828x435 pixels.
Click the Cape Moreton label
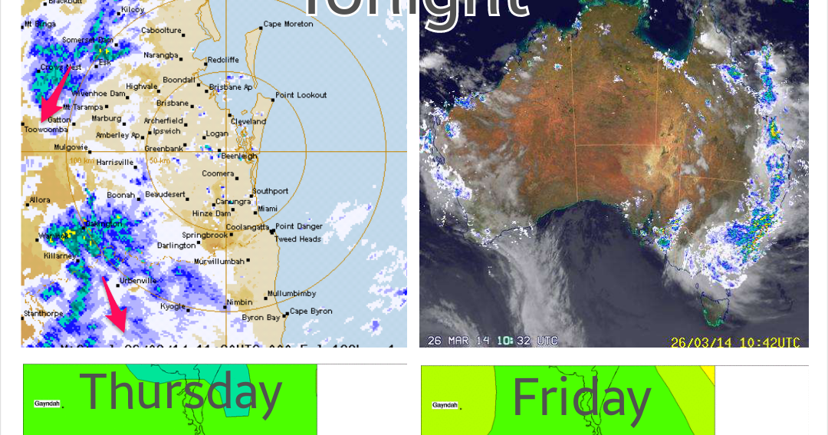tap(288, 24)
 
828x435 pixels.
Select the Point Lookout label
tap(301, 95)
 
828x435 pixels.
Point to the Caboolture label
tap(161, 31)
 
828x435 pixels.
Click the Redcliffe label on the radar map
tap(223, 60)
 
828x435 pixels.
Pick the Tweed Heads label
tap(298, 239)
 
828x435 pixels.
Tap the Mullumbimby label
tap(292, 294)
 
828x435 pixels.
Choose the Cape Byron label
tap(311, 311)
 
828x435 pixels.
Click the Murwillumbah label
tap(219, 262)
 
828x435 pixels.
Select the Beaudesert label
tap(165, 195)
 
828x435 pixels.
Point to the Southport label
tap(271, 191)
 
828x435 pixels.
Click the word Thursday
tap(181, 392)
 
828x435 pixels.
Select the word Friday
tap(581, 398)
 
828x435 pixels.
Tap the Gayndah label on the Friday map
tap(445, 405)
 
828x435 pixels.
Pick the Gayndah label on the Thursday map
tap(47, 404)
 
